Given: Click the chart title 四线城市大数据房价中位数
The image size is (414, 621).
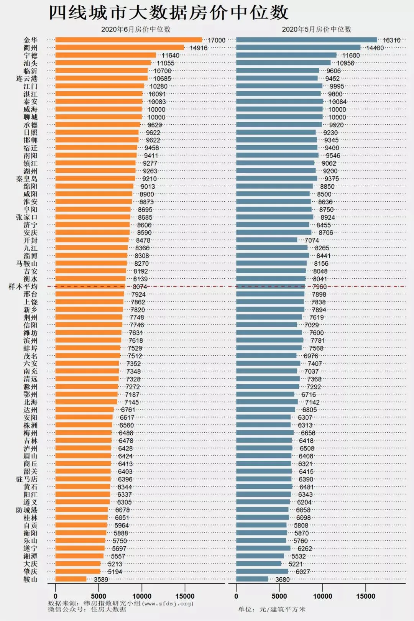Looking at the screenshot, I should [169, 13].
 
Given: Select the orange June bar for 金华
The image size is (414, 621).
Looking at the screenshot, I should [128, 40].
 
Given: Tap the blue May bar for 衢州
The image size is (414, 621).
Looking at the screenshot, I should [298, 48].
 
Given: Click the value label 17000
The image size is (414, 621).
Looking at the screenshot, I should [217, 40].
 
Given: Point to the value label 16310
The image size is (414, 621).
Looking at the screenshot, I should [391, 40].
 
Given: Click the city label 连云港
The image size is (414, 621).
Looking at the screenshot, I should [27, 79].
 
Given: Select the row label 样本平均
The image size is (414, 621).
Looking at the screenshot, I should [23, 287].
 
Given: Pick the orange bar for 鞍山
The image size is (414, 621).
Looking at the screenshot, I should [71, 579].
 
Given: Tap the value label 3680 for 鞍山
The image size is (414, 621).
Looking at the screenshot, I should [283, 580].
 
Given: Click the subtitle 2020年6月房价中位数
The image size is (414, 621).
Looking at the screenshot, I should [136, 29].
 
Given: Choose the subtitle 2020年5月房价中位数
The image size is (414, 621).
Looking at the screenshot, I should [317, 29].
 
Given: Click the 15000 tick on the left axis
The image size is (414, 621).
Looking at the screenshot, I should [185, 596].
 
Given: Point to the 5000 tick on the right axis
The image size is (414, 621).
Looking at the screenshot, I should [279, 596].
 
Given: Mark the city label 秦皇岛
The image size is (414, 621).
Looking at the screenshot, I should [27, 179].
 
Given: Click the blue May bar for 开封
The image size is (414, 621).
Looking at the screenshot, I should [266, 240].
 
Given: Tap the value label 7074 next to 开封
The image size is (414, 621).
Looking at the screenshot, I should [312, 240].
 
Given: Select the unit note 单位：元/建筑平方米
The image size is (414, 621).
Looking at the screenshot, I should [272, 609].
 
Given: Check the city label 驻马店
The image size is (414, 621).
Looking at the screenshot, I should [27, 479].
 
